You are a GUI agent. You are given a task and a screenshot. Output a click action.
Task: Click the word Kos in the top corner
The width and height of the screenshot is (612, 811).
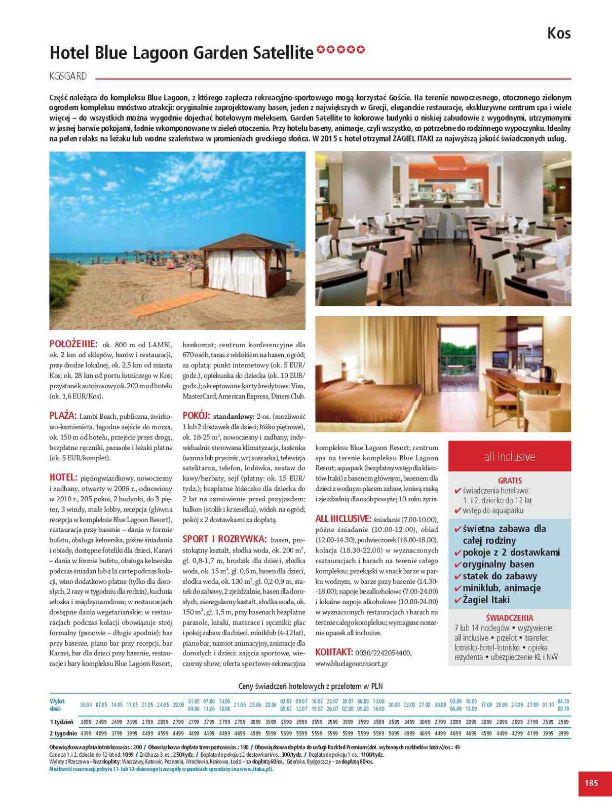[x=559, y=33]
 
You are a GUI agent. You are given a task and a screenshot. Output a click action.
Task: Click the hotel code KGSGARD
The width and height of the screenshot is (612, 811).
[x=68, y=77]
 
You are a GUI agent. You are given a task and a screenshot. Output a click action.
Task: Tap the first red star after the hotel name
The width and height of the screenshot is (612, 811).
[x=320, y=50]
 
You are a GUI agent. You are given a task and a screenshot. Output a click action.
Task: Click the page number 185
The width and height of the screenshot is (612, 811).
[x=591, y=783]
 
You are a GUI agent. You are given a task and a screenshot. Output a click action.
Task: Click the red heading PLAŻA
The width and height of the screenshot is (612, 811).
[x=63, y=416]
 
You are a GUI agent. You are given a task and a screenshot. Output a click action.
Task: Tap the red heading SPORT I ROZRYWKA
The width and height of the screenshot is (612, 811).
[x=224, y=539]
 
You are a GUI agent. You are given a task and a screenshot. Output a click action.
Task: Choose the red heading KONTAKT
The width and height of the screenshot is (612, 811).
[x=333, y=652]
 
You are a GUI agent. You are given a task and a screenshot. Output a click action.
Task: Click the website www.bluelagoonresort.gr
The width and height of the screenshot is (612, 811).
[x=351, y=663]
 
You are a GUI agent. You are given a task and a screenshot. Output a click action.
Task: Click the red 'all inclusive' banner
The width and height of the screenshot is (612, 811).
[x=509, y=457]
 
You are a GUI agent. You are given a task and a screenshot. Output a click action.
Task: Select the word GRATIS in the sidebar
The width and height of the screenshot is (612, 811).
[x=509, y=480]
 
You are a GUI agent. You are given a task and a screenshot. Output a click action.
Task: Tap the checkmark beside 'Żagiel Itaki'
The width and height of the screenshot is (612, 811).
[x=458, y=600]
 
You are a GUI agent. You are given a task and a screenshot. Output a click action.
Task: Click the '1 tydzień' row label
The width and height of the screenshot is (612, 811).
[x=61, y=722]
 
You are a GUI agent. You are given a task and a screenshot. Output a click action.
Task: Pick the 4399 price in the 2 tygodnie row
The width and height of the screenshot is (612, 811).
[x=86, y=733]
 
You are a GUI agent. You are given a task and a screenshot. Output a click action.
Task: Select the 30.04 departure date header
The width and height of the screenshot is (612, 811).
[x=86, y=705]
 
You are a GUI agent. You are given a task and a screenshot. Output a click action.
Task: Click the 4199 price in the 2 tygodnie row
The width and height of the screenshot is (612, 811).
[x=532, y=733]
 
